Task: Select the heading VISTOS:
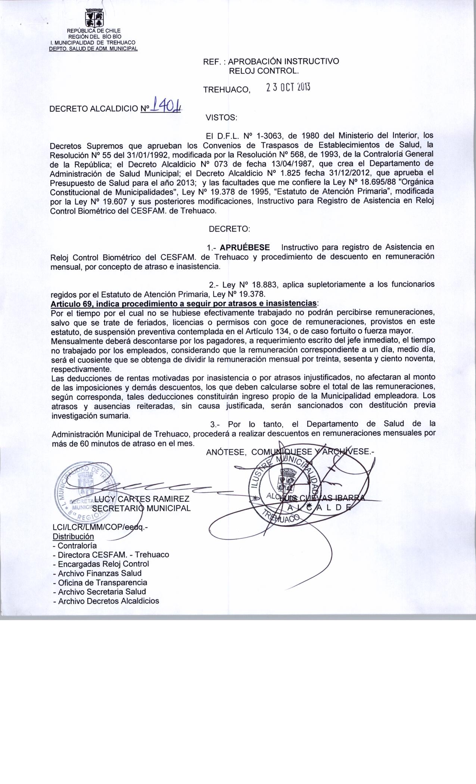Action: tap(221, 118)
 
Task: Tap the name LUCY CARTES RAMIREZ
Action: tap(142, 499)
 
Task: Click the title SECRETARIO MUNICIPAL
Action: tap(141, 508)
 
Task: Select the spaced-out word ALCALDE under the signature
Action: tap(319, 507)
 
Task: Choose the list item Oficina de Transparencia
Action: tap(100, 582)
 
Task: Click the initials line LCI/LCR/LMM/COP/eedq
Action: tap(100, 527)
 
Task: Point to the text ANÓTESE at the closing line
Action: tap(225, 452)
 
